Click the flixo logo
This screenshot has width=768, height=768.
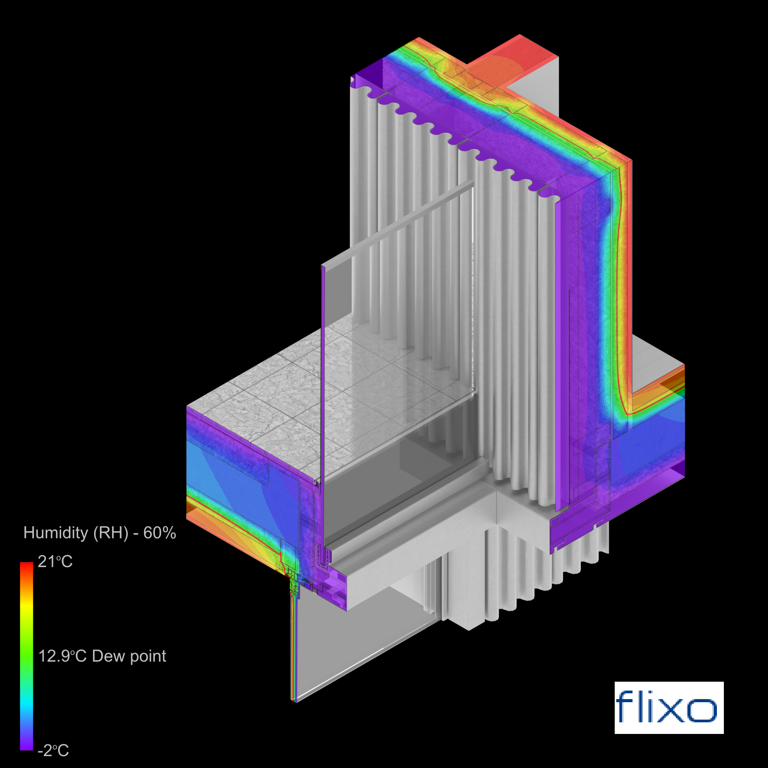coord(669,708)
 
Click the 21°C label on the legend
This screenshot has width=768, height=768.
coord(55,562)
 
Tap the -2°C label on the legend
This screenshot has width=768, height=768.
coord(53,751)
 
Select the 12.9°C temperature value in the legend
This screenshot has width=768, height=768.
coord(62,656)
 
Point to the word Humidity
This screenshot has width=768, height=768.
coord(56,533)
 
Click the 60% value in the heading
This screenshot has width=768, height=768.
coord(159,533)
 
